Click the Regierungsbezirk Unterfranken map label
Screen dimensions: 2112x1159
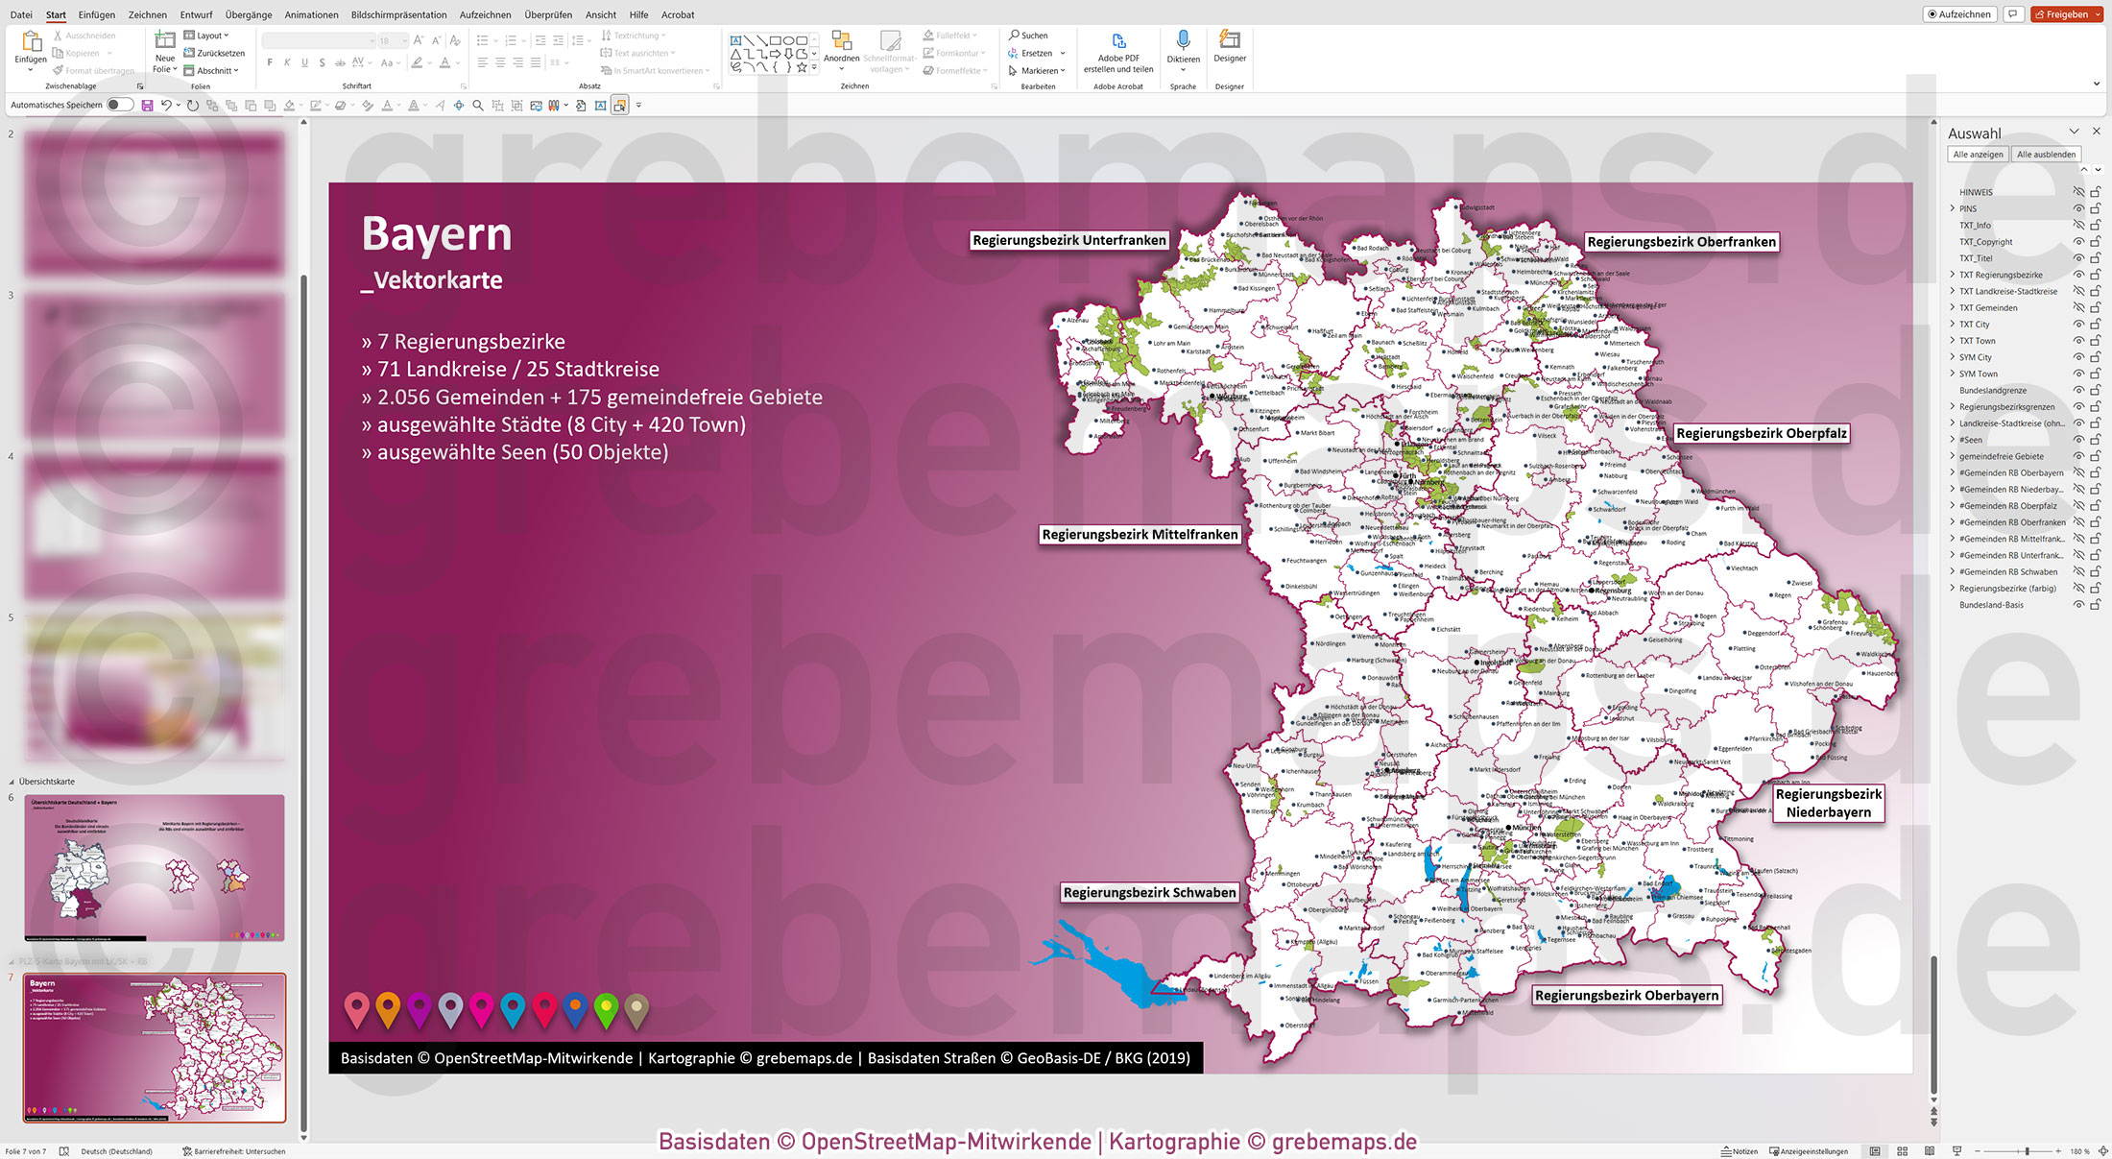[x=1068, y=240]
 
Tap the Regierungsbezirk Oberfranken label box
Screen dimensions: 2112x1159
[x=1681, y=242]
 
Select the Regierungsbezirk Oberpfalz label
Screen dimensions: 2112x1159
[x=1761, y=433]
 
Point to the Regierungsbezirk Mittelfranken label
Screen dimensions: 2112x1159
[x=1140, y=535]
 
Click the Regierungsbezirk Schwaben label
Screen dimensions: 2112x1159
[x=1149, y=893]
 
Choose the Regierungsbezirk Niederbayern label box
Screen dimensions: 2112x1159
[x=1828, y=803]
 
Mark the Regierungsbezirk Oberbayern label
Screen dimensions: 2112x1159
[x=1626, y=996]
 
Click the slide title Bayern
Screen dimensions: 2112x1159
[x=437, y=234]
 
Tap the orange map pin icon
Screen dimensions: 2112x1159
[x=388, y=1009]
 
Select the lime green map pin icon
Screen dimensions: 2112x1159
[x=606, y=1009]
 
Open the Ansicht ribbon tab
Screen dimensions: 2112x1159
[x=601, y=14]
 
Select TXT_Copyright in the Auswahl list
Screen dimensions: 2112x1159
[x=1985, y=242]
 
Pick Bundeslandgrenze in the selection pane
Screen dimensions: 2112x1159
[x=1993, y=391]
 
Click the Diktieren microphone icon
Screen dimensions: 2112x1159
[x=1183, y=40]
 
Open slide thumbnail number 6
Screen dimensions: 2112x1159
[x=155, y=867]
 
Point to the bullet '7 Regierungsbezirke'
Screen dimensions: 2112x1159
[x=470, y=342]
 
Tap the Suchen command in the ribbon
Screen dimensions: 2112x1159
[x=1028, y=36]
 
